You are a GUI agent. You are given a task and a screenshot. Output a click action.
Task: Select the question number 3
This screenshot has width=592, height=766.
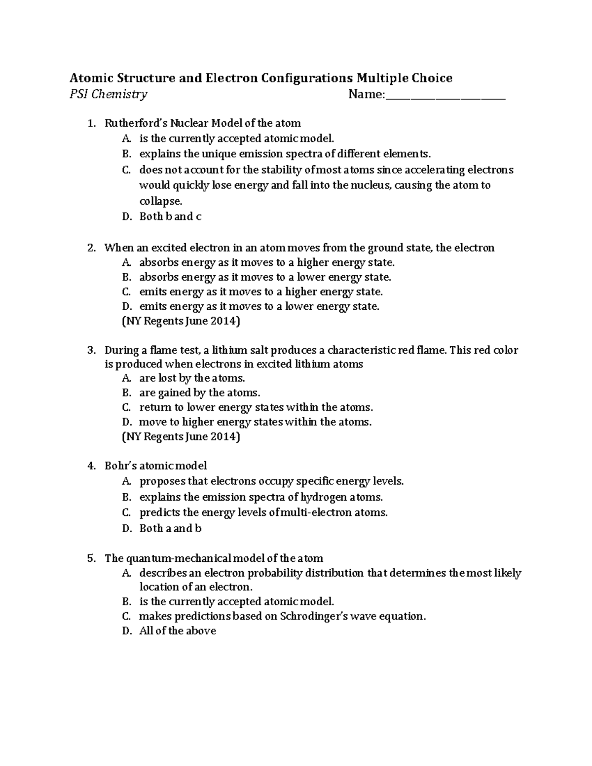click(x=91, y=350)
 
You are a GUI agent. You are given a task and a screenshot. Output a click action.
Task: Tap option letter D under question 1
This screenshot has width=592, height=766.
click(x=126, y=217)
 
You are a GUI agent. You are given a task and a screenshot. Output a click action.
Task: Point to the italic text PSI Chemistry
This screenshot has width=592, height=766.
click(x=108, y=94)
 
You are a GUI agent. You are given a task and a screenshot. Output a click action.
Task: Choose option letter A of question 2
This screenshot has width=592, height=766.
click(x=126, y=262)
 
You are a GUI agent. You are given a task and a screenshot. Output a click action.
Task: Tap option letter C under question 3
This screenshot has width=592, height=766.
click(x=126, y=407)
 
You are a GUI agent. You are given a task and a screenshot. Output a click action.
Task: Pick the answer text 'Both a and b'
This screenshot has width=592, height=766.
click(x=170, y=528)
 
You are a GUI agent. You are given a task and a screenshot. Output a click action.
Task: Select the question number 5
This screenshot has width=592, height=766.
click(x=91, y=558)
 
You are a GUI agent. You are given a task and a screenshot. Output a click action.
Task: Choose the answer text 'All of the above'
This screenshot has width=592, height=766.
click(x=178, y=631)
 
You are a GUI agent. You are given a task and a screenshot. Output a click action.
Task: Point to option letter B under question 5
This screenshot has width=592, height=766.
click(x=126, y=602)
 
